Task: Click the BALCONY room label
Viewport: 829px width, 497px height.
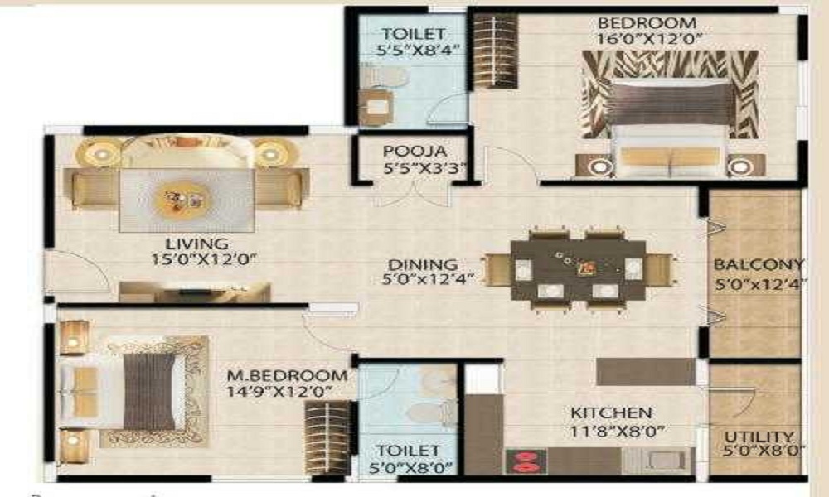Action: (x=759, y=265)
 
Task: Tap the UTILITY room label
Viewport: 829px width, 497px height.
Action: (x=759, y=437)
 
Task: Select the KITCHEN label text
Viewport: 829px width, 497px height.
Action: (x=609, y=413)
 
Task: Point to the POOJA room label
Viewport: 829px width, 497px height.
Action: (x=415, y=152)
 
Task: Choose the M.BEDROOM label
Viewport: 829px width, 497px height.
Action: (x=288, y=375)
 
